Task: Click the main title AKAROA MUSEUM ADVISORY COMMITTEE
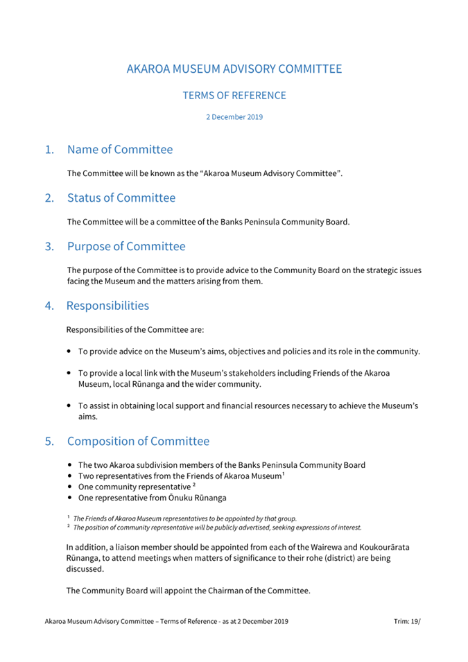234,69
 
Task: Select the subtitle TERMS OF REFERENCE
234,96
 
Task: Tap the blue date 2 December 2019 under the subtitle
234,117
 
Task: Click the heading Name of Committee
120,150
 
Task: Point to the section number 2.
49,198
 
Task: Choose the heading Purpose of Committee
126,246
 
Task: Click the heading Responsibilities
107,306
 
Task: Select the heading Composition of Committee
138,442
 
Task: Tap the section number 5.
49,442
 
